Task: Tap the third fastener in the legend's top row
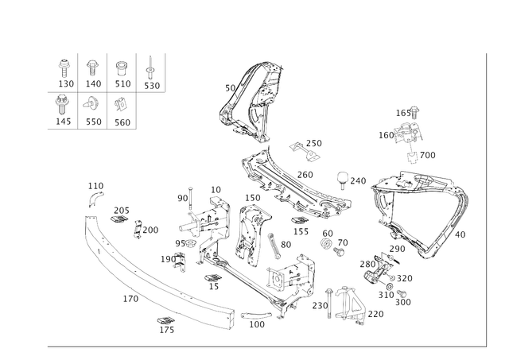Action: [122, 67]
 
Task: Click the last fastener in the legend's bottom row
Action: [122, 103]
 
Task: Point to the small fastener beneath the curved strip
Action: [165, 322]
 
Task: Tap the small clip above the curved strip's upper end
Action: [95, 189]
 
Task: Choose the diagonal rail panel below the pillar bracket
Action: [294, 183]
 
